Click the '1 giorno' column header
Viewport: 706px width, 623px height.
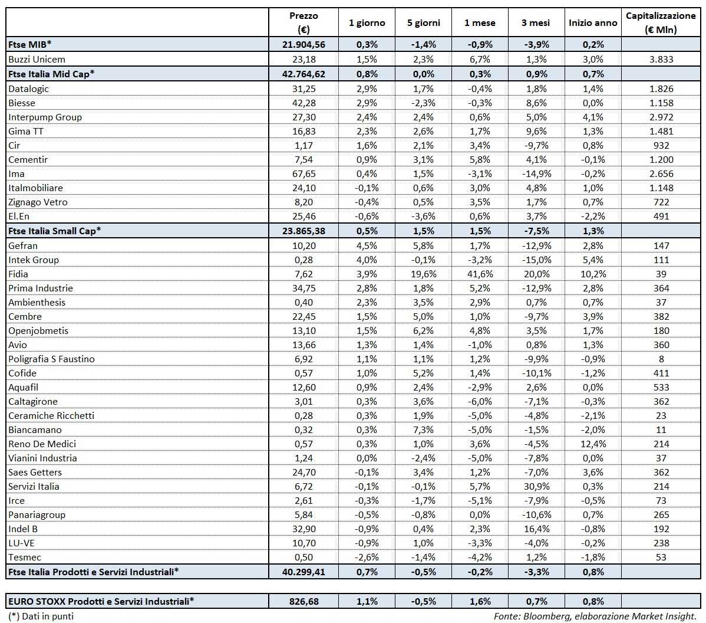(367, 23)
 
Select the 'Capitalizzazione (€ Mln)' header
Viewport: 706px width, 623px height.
(661, 23)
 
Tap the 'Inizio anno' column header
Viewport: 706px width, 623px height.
(593, 23)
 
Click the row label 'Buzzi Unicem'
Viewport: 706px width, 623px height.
(37, 59)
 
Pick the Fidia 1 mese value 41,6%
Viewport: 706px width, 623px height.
(480, 274)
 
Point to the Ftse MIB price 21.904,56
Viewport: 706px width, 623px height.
(303, 44)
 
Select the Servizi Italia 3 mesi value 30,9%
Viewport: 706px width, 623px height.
(536, 486)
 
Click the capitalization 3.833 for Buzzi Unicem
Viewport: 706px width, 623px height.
(661, 59)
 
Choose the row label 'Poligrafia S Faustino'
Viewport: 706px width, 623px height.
(51, 359)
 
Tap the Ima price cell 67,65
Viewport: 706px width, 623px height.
(303, 173)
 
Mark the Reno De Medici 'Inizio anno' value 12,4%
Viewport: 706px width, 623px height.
(593, 444)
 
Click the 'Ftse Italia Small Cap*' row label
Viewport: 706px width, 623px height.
(54, 231)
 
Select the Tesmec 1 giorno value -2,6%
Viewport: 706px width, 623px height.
(367, 557)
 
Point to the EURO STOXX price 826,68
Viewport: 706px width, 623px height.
(303, 601)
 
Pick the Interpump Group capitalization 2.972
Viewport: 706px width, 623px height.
(661, 117)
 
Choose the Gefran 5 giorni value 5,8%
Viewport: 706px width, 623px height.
(423, 245)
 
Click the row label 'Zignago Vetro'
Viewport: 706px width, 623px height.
(38, 202)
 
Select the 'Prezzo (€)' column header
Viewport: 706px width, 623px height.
(303, 23)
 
